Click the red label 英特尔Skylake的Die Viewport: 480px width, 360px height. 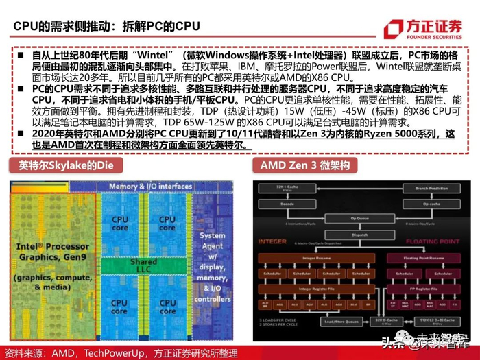click(x=61, y=165)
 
